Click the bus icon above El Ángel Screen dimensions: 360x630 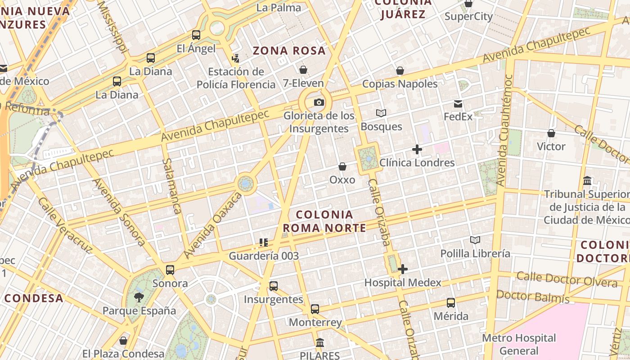coord(196,35)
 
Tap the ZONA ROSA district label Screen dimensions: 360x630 coord(289,50)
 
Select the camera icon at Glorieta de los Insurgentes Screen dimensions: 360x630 coord(319,103)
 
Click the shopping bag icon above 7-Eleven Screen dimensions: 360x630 coord(303,70)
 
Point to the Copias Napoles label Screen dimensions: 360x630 coord(400,84)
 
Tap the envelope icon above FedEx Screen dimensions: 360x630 coord(458,104)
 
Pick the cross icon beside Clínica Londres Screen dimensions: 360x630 coord(417,149)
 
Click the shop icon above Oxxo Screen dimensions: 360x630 coord(342,167)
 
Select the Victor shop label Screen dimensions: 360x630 coord(551,146)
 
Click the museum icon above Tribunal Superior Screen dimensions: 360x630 coord(587,181)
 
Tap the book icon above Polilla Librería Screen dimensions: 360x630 coord(475,240)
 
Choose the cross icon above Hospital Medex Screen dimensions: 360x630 coord(403,270)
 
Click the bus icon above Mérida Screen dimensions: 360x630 coord(451,303)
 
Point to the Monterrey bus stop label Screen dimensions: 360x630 coord(315,322)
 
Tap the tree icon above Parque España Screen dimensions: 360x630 coord(139,297)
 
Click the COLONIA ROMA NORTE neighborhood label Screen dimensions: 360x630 coord(324,221)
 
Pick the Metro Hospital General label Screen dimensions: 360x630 coord(519,344)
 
